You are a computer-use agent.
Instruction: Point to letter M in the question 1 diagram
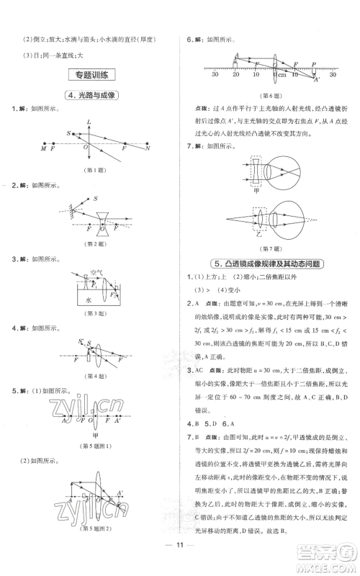42,148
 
